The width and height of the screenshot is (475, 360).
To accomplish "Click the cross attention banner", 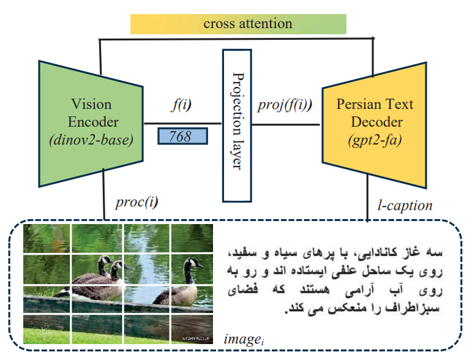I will (x=238, y=24).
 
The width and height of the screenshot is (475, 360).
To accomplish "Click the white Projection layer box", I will (x=238, y=125).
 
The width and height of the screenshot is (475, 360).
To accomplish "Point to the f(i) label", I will (x=181, y=105).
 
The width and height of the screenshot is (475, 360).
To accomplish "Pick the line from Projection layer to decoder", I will (x=286, y=124).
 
